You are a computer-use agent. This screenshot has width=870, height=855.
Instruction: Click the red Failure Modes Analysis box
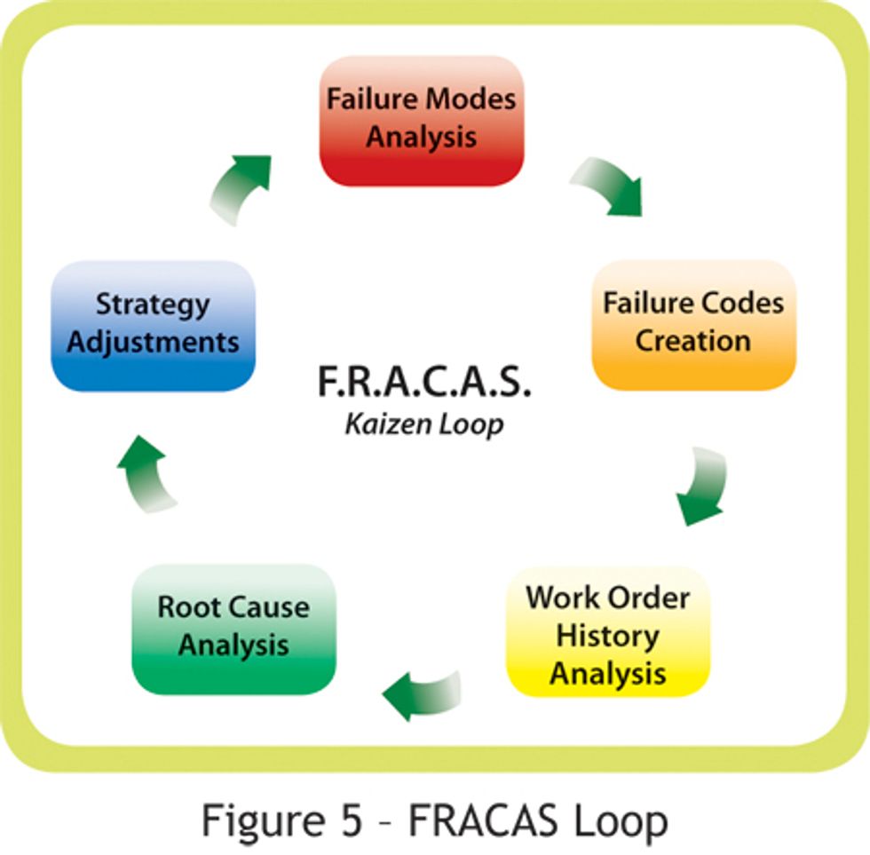[x=421, y=121]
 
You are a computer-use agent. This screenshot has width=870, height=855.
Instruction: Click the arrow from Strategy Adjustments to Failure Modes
[x=240, y=186]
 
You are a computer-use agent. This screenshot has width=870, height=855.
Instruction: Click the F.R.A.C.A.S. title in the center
[x=423, y=384]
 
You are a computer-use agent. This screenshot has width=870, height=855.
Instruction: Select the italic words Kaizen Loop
[x=423, y=424]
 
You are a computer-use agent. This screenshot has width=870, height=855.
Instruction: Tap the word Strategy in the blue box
[x=153, y=305]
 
